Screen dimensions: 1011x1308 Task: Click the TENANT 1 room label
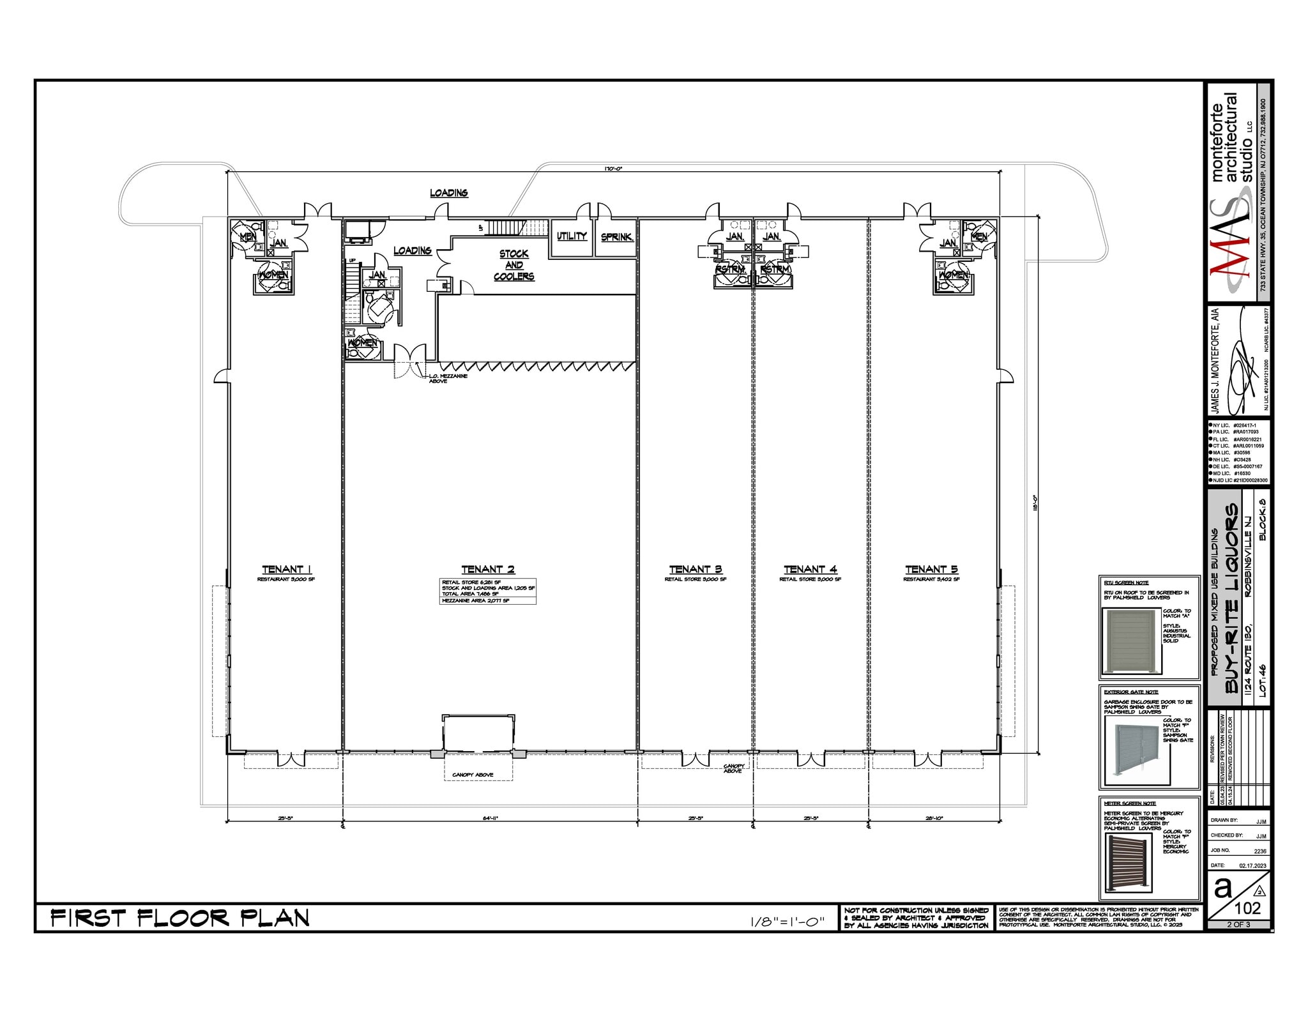click(x=286, y=569)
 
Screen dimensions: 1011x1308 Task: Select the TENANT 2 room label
click(x=488, y=569)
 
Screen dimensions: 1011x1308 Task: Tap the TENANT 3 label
click(x=695, y=569)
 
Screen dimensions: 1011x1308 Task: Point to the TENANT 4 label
click(x=810, y=569)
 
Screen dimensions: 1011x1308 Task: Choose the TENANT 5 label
click(x=931, y=569)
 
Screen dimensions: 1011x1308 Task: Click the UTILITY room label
click(x=572, y=236)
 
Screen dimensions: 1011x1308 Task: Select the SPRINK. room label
click(x=616, y=237)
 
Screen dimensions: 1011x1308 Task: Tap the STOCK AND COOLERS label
click(x=513, y=265)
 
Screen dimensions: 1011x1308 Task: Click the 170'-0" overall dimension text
click(x=613, y=169)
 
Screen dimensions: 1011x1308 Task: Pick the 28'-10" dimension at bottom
click(x=934, y=818)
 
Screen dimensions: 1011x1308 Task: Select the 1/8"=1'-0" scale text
click(x=787, y=922)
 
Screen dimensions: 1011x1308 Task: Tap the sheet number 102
click(x=1247, y=908)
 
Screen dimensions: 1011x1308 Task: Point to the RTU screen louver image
click(x=1130, y=641)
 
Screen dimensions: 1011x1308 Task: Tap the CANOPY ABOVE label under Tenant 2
click(x=473, y=775)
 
